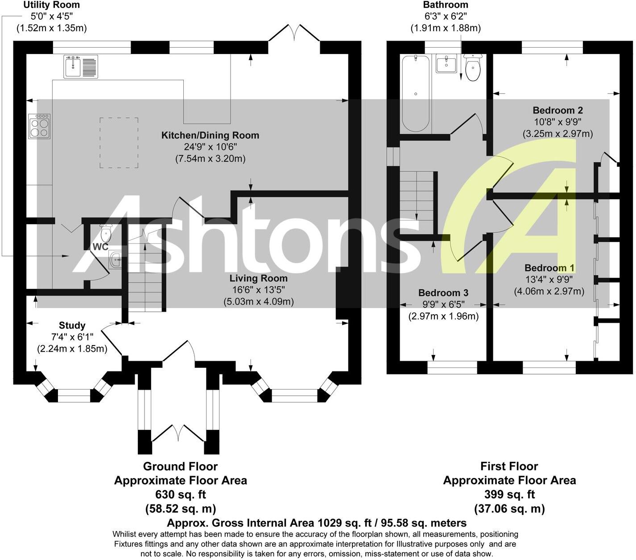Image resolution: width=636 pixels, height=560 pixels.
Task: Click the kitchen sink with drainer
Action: coord(81,67)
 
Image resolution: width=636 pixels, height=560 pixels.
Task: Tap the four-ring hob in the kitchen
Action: coord(39,126)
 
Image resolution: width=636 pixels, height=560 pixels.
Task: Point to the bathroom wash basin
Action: coord(446,64)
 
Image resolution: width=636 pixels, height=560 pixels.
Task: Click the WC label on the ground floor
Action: coord(100,247)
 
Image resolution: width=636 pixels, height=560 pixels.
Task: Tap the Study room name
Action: coord(72,325)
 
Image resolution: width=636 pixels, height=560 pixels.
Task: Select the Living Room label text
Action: coord(258,278)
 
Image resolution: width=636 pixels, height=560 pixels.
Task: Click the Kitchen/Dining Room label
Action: coord(210,135)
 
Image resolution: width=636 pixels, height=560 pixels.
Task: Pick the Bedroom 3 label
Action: coord(443,293)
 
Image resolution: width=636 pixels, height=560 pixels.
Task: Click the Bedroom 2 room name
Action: coord(558,110)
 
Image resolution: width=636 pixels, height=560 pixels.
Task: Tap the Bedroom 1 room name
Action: coord(549,268)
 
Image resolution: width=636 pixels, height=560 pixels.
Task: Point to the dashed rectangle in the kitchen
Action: coord(119,143)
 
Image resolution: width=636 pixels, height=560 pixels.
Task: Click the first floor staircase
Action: coord(417,196)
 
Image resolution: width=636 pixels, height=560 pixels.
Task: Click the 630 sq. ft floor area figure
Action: coord(180,494)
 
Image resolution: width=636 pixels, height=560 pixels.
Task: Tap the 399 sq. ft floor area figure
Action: coord(509,494)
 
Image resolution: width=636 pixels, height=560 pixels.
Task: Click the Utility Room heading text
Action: coord(51,5)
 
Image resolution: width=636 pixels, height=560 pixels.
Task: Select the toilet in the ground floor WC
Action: coord(106,232)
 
